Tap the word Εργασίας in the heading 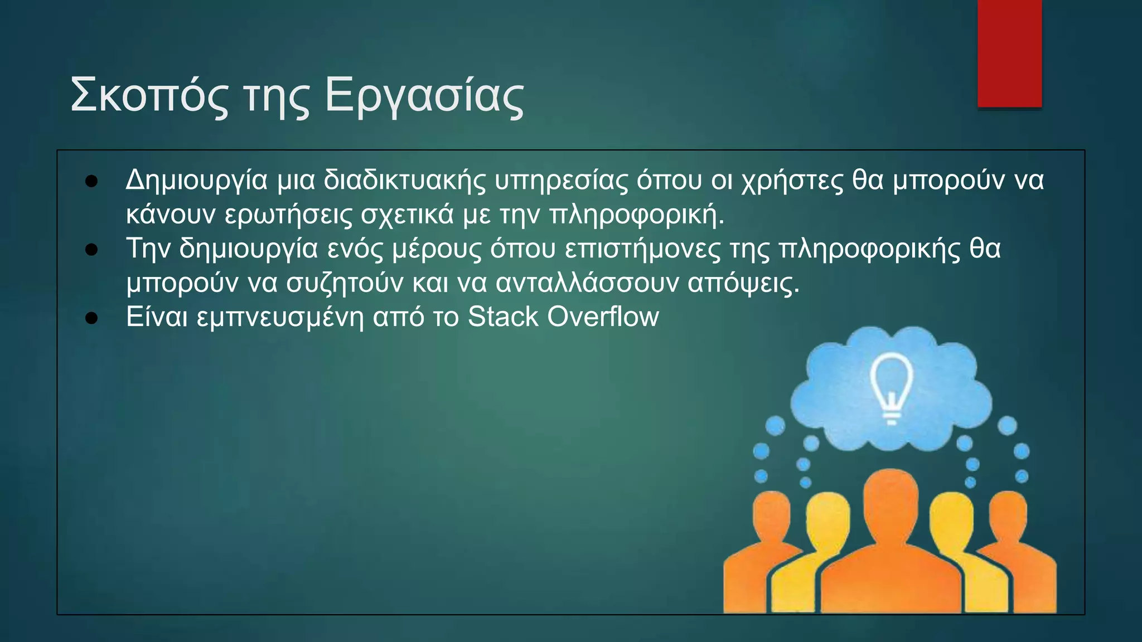(x=424, y=96)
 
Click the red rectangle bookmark (x=1009, y=53)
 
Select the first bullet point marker (x=91, y=182)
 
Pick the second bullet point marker (x=91, y=250)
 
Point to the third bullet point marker (x=91, y=319)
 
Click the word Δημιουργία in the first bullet (x=196, y=181)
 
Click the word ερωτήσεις (x=288, y=216)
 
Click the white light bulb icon (x=892, y=387)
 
